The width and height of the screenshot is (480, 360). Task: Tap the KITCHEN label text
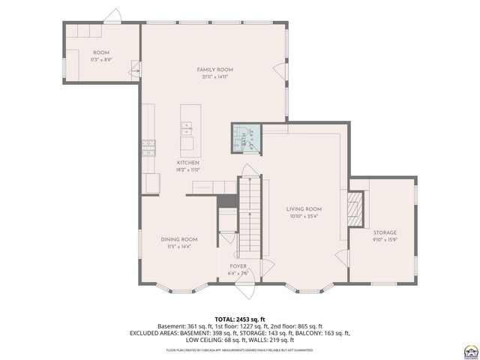pyautogui.click(x=187, y=163)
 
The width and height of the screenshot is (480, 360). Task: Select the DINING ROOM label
pyautogui.click(x=178, y=239)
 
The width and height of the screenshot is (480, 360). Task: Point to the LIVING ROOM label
pyautogui.click(x=304, y=209)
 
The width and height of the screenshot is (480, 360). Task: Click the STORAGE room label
pyautogui.click(x=385, y=232)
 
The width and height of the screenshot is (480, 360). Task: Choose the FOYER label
pyautogui.click(x=238, y=266)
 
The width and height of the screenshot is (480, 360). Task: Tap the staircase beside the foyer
pyautogui.click(x=249, y=217)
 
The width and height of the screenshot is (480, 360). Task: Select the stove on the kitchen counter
pyautogui.click(x=149, y=146)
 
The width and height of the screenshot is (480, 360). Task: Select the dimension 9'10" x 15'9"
pyautogui.click(x=385, y=240)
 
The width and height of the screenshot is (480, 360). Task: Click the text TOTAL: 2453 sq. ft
pyautogui.click(x=239, y=319)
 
